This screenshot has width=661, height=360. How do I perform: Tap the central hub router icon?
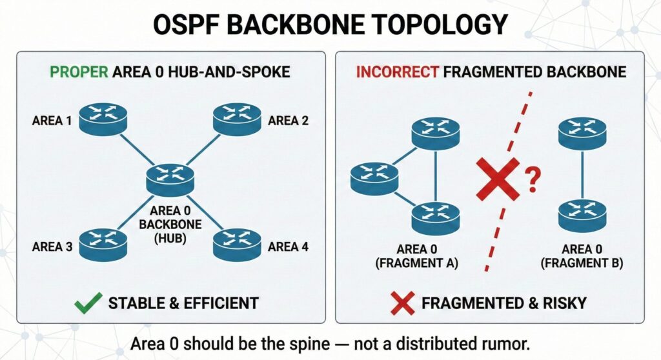(x=170, y=179)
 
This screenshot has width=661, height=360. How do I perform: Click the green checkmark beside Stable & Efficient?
(x=88, y=303)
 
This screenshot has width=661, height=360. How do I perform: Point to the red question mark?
(x=532, y=179)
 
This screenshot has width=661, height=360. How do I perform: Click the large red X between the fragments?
(x=498, y=179)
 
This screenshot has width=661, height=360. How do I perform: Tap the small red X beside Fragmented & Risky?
(x=402, y=303)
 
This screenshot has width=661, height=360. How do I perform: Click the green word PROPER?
(x=79, y=72)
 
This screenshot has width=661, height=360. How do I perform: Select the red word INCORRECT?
(x=397, y=72)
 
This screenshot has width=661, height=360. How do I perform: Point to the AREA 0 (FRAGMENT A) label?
(x=416, y=256)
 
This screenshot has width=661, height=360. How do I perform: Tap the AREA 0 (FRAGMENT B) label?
(x=582, y=256)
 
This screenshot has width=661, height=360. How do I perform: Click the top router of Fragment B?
(x=582, y=133)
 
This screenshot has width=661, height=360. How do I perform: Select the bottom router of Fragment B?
(x=582, y=215)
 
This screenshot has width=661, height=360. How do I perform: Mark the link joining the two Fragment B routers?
(x=582, y=175)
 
